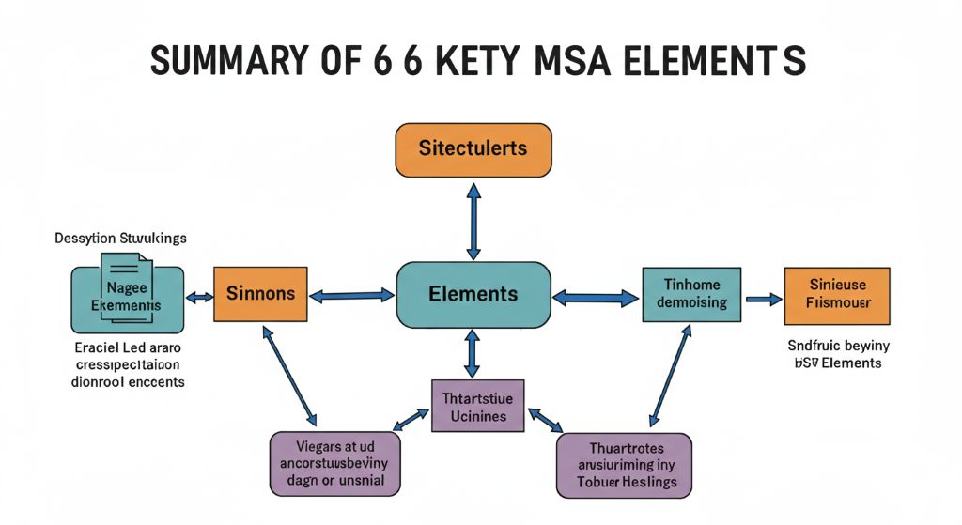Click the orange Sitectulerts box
473,149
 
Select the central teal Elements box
473,295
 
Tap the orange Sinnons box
260,295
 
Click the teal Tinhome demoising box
686,295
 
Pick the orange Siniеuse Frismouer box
836,295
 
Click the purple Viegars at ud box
334,464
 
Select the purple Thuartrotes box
624,465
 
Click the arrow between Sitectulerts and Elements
473,221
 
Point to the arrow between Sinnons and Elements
352,296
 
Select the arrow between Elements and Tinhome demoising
595,299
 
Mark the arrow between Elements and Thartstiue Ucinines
473,353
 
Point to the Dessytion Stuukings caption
119,238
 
